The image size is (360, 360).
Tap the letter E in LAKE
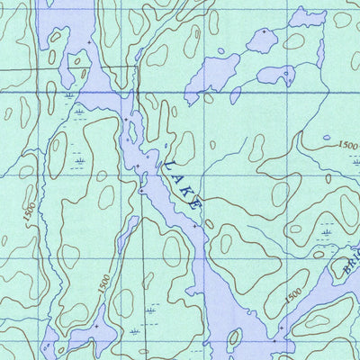196,204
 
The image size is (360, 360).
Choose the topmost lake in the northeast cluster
262,40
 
